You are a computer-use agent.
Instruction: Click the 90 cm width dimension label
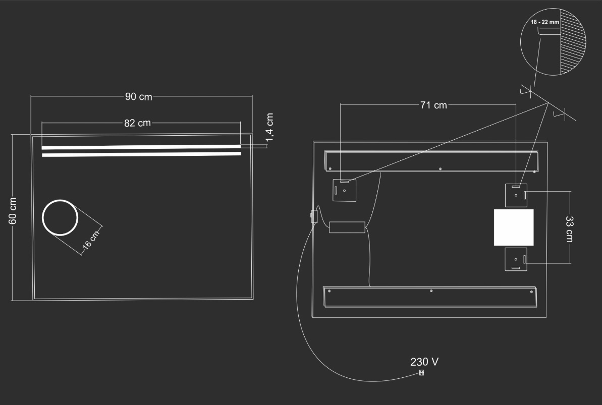139,97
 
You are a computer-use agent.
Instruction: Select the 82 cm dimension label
137,123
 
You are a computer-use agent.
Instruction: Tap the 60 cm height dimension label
13,211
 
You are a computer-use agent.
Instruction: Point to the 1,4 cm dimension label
269,127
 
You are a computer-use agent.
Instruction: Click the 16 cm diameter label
91,240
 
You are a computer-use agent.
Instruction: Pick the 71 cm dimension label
433,105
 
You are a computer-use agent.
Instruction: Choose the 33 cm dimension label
569,229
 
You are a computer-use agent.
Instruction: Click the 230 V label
424,362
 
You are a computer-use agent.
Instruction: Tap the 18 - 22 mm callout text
545,22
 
